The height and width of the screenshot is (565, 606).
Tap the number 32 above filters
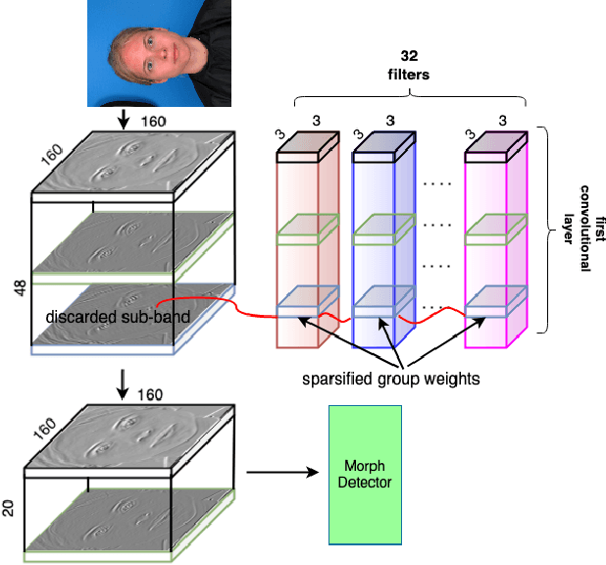(409, 55)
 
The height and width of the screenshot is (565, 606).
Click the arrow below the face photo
(123, 120)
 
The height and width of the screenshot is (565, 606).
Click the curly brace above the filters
(409, 98)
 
